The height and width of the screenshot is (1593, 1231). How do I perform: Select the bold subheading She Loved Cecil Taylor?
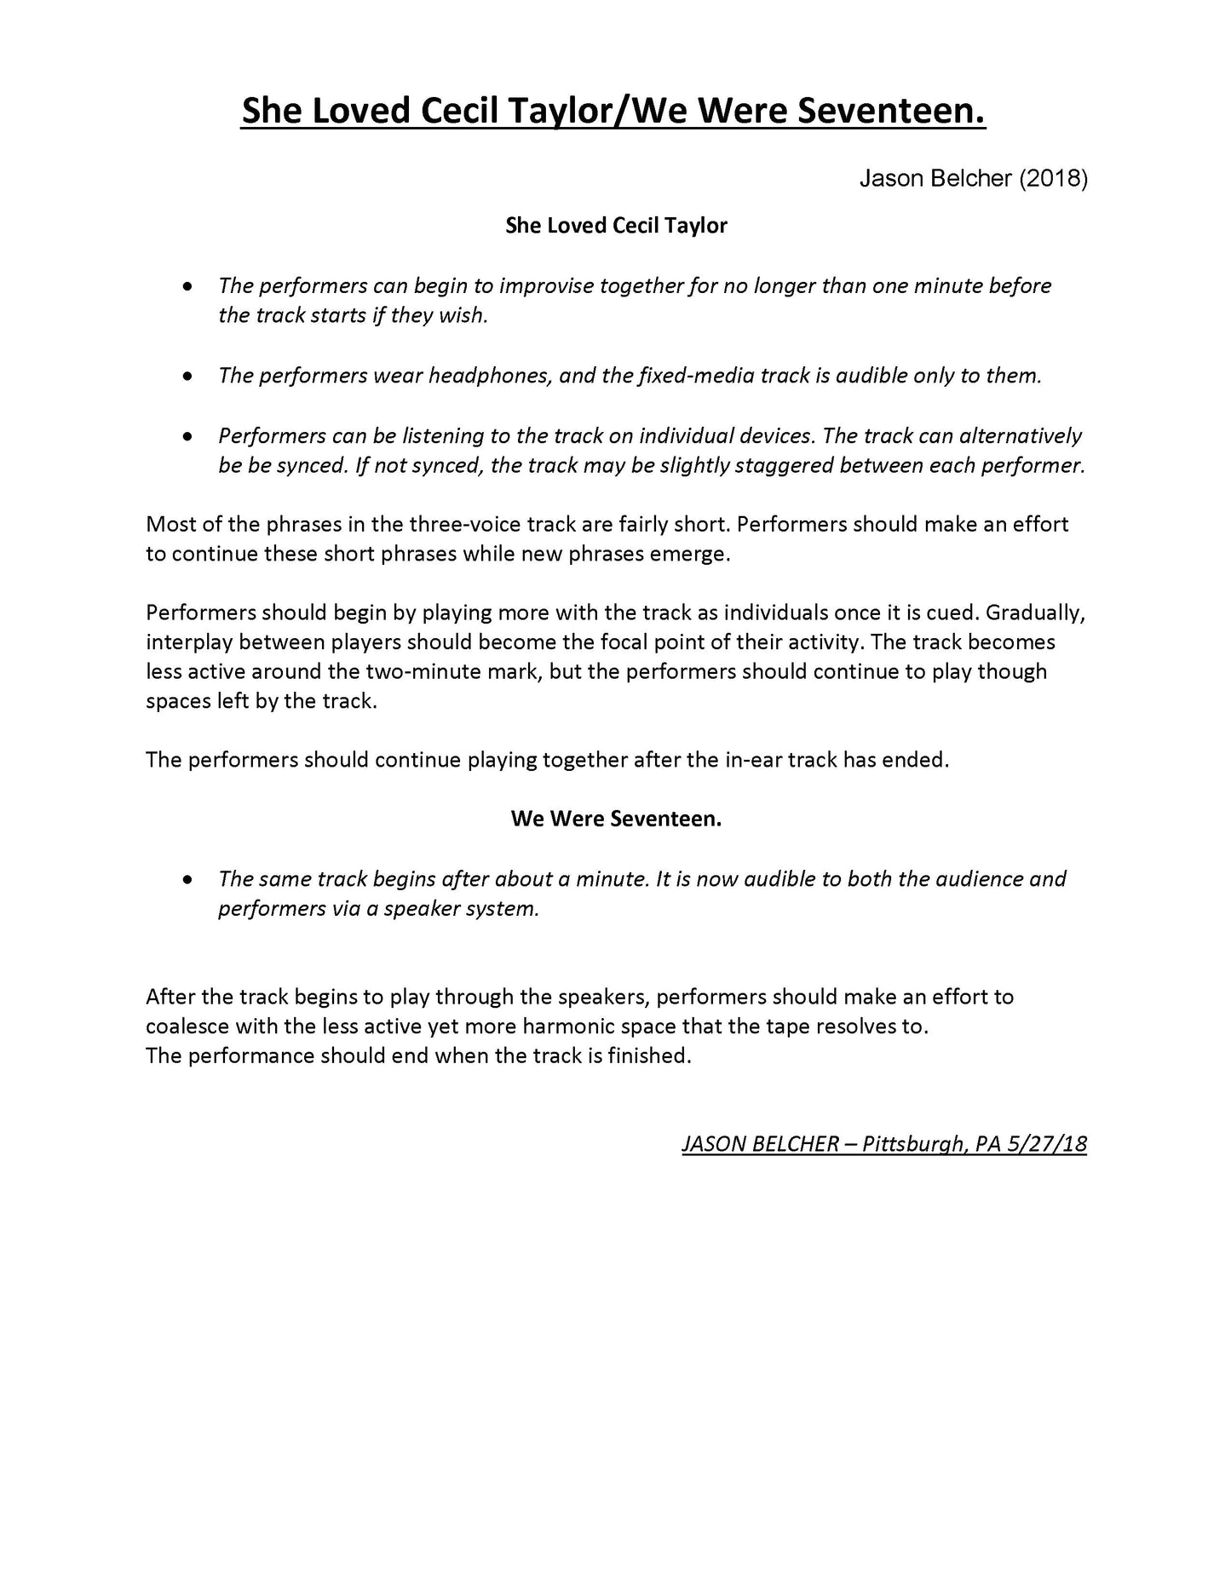[616, 226]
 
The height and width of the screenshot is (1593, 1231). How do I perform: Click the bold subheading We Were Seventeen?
[616, 819]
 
